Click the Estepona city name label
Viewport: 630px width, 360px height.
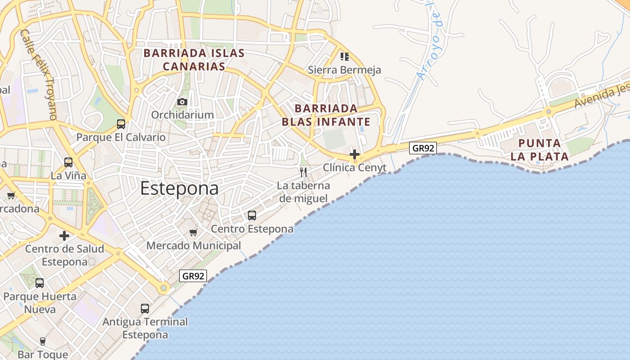(179, 189)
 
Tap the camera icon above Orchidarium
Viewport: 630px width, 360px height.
(182, 102)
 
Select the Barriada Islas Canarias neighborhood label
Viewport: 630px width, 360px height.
(194, 60)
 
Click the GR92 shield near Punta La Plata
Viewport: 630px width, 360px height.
(423, 148)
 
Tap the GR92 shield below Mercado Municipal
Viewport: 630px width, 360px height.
(193, 276)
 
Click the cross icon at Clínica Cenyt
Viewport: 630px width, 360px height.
(355, 154)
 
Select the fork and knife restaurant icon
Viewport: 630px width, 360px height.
(303, 172)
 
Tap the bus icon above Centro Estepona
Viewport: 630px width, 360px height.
(252, 216)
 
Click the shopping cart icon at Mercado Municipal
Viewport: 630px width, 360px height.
(193, 232)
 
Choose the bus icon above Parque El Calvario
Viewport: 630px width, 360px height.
(121, 124)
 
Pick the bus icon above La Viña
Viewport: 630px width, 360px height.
(68, 162)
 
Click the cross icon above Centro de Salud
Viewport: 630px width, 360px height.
(64, 235)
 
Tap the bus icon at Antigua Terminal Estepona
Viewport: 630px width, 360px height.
(145, 309)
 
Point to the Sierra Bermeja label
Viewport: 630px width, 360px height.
(344, 70)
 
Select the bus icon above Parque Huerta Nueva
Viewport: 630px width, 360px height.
(40, 283)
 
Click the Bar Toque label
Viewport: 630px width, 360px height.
(43, 355)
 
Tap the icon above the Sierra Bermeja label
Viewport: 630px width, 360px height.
(345, 57)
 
